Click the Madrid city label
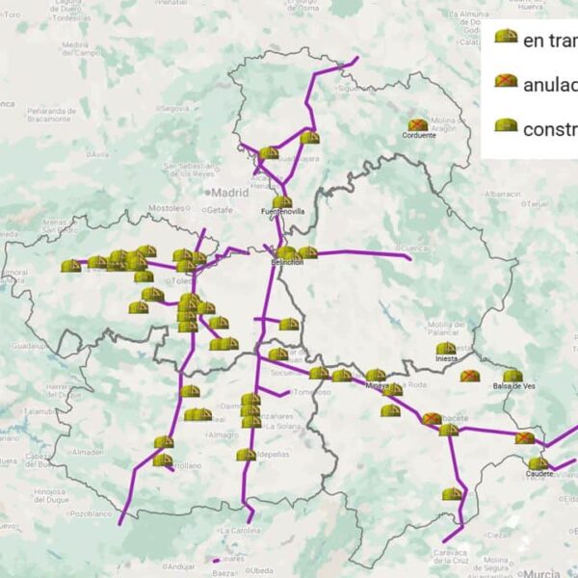click(229, 193)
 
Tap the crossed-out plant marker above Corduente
click(418, 125)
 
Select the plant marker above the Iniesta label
click(445, 349)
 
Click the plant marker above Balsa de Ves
click(512, 376)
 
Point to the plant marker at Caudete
click(538, 463)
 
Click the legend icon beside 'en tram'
click(505, 38)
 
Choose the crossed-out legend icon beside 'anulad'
click(505, 82)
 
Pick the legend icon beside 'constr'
click(505, 126)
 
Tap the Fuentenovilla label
click(282, 211)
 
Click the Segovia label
click(176, 108)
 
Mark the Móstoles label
click(166, 207)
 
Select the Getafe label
click(220, 209)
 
